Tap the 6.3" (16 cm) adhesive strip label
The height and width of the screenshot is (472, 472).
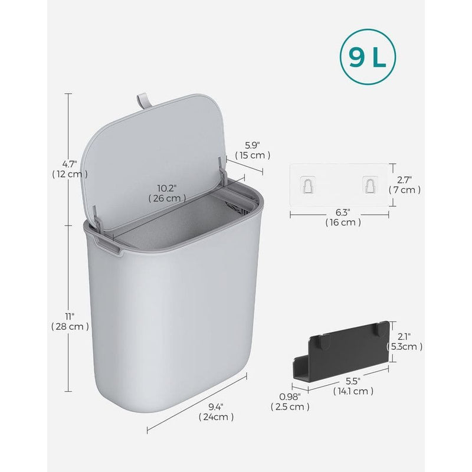tap(343, 217)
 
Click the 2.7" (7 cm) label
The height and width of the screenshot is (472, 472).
tap(405, 184)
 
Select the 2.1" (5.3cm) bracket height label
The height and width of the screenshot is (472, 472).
tap(405, 342)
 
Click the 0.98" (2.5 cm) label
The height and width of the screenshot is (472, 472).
tap(290, 401)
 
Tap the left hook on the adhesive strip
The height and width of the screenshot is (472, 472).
tap(307, 185)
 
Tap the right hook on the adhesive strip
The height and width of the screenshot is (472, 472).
tap(370, 185)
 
